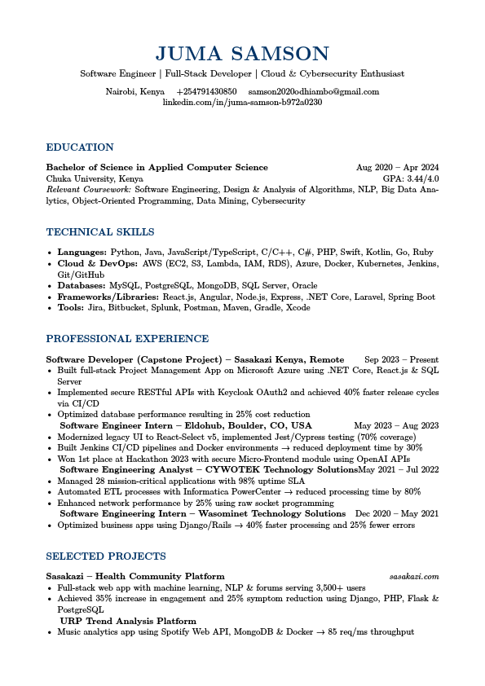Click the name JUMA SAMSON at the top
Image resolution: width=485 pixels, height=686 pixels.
242,55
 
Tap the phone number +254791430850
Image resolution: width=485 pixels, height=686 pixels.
206,92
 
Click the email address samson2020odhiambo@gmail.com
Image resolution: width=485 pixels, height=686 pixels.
314,92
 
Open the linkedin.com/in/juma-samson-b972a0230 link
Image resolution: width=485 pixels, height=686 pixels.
242,103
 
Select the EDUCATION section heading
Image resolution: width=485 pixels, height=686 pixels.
80,147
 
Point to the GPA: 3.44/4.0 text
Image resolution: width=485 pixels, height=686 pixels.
411,178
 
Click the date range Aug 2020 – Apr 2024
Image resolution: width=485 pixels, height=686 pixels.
398,168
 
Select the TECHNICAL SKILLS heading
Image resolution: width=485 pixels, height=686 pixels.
100,232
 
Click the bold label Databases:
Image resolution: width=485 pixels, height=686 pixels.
82,286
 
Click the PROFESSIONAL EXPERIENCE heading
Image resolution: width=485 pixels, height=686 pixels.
127,339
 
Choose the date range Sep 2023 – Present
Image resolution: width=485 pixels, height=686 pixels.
401,359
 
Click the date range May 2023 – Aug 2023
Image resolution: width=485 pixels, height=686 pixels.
396,425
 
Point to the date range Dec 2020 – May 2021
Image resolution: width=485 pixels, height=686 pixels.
397,514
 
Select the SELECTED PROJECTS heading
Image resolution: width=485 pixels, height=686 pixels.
106,556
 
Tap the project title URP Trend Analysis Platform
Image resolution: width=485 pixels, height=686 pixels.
128,621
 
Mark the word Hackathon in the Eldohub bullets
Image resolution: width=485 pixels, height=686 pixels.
130,459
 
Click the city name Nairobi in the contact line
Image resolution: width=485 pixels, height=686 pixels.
120,92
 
